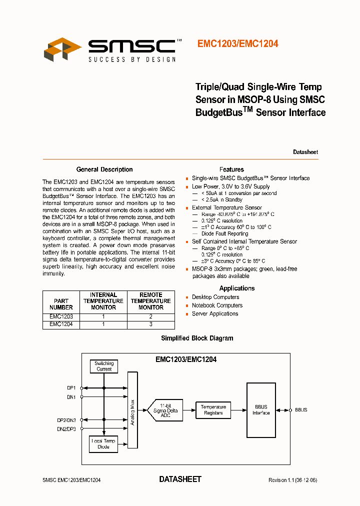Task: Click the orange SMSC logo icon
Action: [62, 49]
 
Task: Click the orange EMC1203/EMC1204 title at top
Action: [237, 44]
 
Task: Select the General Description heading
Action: [104, 169]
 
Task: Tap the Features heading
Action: [231, 169]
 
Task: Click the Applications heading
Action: [237, 288]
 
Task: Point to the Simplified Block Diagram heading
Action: [197, 338]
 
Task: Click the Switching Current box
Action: [104, 366]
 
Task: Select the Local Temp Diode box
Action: [103, 444]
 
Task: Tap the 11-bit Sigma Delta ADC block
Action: [165, 410]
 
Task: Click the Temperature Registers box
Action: [213, 410]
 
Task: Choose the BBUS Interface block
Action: [260, 410]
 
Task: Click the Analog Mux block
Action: [132, 409]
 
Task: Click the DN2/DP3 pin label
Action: [66, 429]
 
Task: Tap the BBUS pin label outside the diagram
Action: [301, 410]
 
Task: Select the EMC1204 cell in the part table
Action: [61, 324]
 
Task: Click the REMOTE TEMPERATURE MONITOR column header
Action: [150, 301]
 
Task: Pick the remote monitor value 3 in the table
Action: [150, 324]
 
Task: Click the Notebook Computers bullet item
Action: [217, 305]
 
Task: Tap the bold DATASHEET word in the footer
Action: [180, 479]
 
